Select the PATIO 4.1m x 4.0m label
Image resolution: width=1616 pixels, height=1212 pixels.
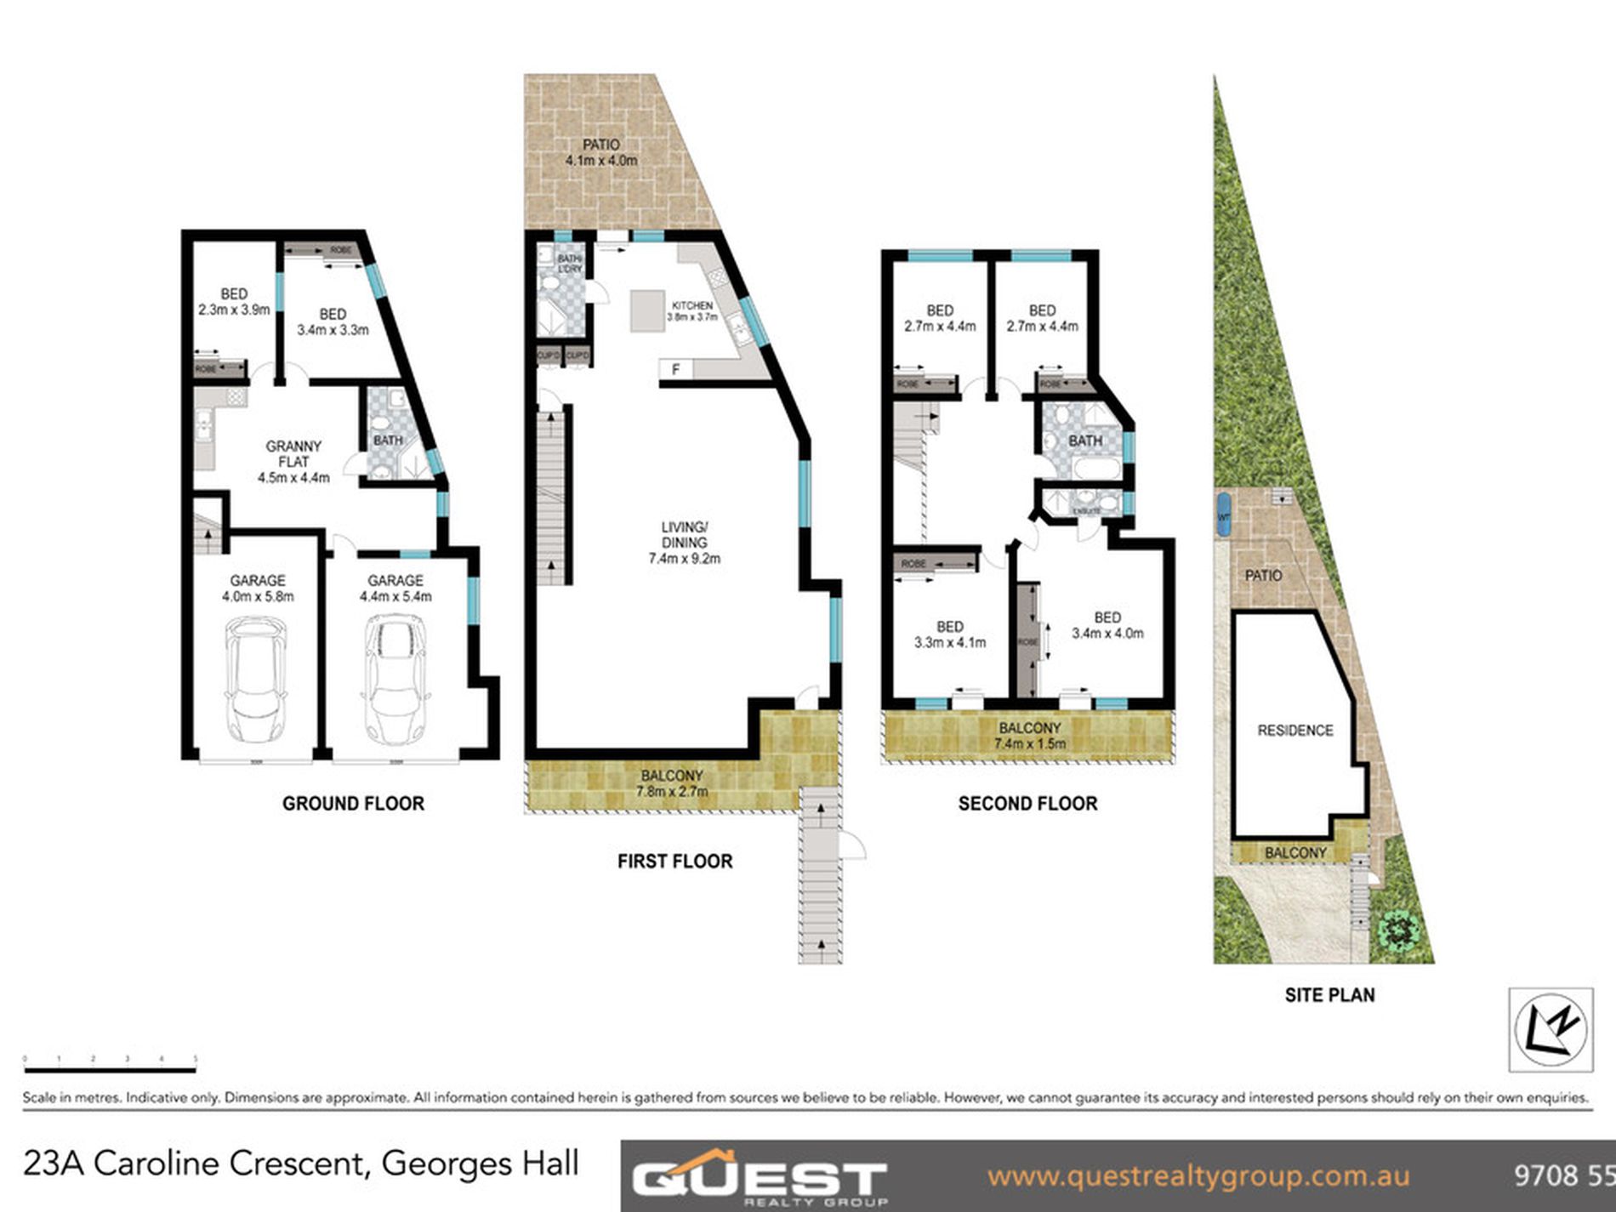(x=601, y=152)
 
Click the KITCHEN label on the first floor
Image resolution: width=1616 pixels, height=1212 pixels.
(x=691, y=306)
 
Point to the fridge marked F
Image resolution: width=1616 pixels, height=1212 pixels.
(x=676, y=369)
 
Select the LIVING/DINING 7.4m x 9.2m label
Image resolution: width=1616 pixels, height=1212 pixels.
(x=685, y=543)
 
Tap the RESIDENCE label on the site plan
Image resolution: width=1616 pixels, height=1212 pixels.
(x=1295, y=730)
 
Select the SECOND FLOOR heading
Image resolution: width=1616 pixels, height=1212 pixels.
(x=1027, y=803)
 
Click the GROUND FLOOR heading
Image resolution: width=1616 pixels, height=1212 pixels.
(x=353, y=803)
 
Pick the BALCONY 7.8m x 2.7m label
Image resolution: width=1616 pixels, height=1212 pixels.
(x=672, y=783)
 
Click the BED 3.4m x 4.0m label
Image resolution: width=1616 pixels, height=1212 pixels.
(x=1107, y=625)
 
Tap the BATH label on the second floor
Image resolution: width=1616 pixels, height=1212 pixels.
(x=1084, y=441)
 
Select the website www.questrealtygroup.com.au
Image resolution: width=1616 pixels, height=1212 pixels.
(x=1198, y=1176)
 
